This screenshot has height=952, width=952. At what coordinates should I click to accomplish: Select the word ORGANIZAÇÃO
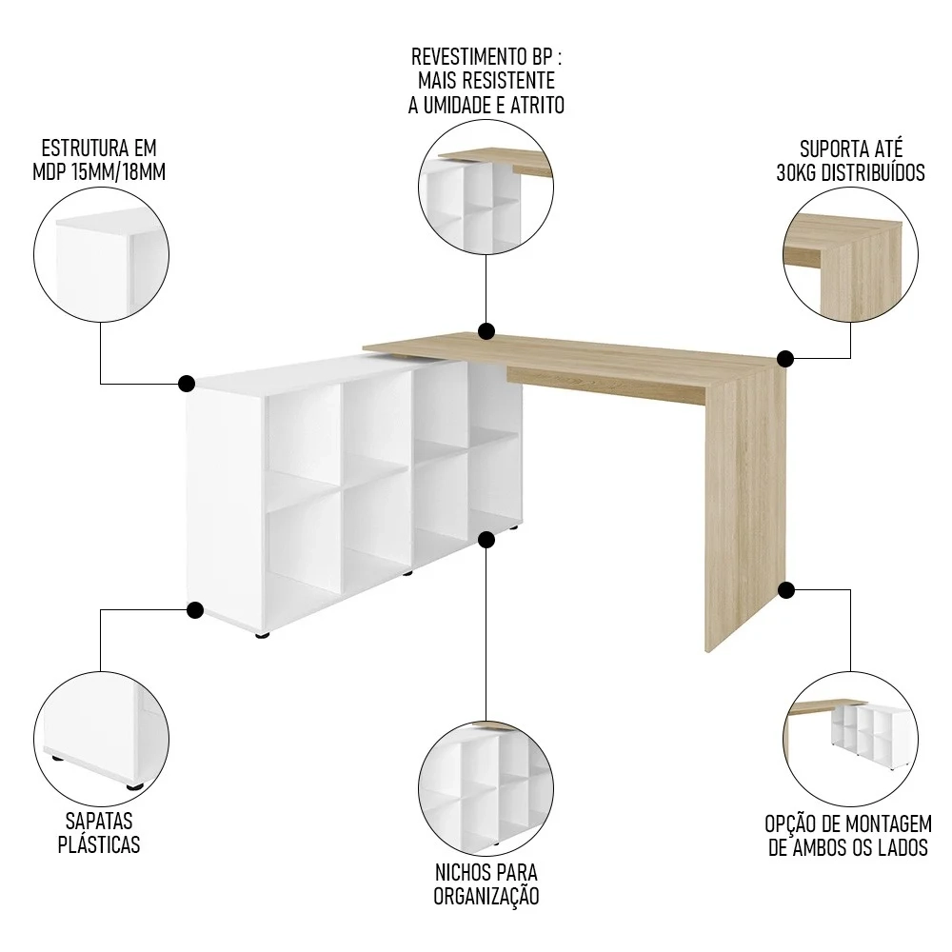click(x=486, y=895)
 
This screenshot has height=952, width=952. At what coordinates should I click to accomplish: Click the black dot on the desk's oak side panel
click(x=786, y=590)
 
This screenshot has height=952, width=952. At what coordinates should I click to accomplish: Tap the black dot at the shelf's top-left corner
click(x=187, y=384)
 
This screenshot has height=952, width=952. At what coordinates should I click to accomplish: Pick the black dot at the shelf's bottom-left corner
click(x=196, y=610)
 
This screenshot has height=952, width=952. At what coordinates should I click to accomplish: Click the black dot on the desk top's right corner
click(x=785, y=359)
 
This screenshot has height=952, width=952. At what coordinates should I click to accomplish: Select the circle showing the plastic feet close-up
click(x=101, y=737)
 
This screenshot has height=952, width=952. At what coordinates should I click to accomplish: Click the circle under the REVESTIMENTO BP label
click(x=486, y=193)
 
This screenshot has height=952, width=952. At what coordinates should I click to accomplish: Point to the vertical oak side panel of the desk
click(x=744, y=514)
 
